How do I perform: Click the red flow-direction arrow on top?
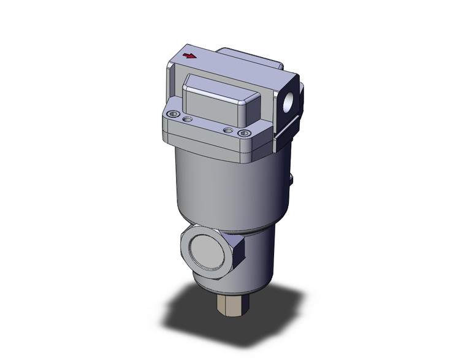(190, 56)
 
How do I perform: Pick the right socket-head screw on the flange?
(244, 133)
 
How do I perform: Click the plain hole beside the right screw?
(228, 130)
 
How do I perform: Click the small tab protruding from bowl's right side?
(292, 180)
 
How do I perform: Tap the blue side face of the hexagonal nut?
(239, 258)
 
